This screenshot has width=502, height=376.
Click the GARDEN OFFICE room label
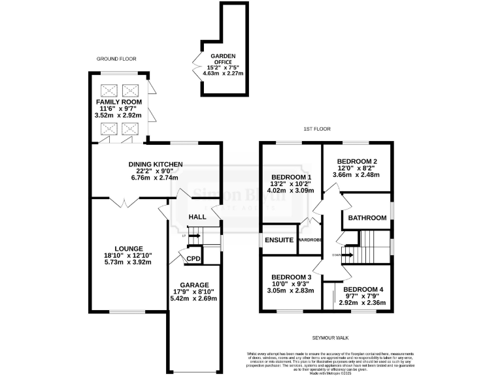pyautogui.click(x=223, y=59)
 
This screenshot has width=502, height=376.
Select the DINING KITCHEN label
pyautogui.click(x=154, y=164)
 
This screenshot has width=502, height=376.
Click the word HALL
pyautogui.click(x=197, y=217)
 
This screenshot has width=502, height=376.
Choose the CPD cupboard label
pyautogui.click(x=193, y=259)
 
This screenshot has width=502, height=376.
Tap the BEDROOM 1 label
pyautogui.click(x=291, y=177)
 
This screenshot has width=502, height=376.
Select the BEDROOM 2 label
pyautogui.click(x=357, y=161)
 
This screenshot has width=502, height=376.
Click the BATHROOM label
pyautogui.click(x=366, y=218)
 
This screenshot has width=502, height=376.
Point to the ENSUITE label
pyautogui.click(x=279, y=240)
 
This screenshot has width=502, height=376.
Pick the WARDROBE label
pyautogui.click(x=311, y=240)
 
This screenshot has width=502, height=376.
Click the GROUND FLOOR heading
pyautogui.click(x=116, y=59)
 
